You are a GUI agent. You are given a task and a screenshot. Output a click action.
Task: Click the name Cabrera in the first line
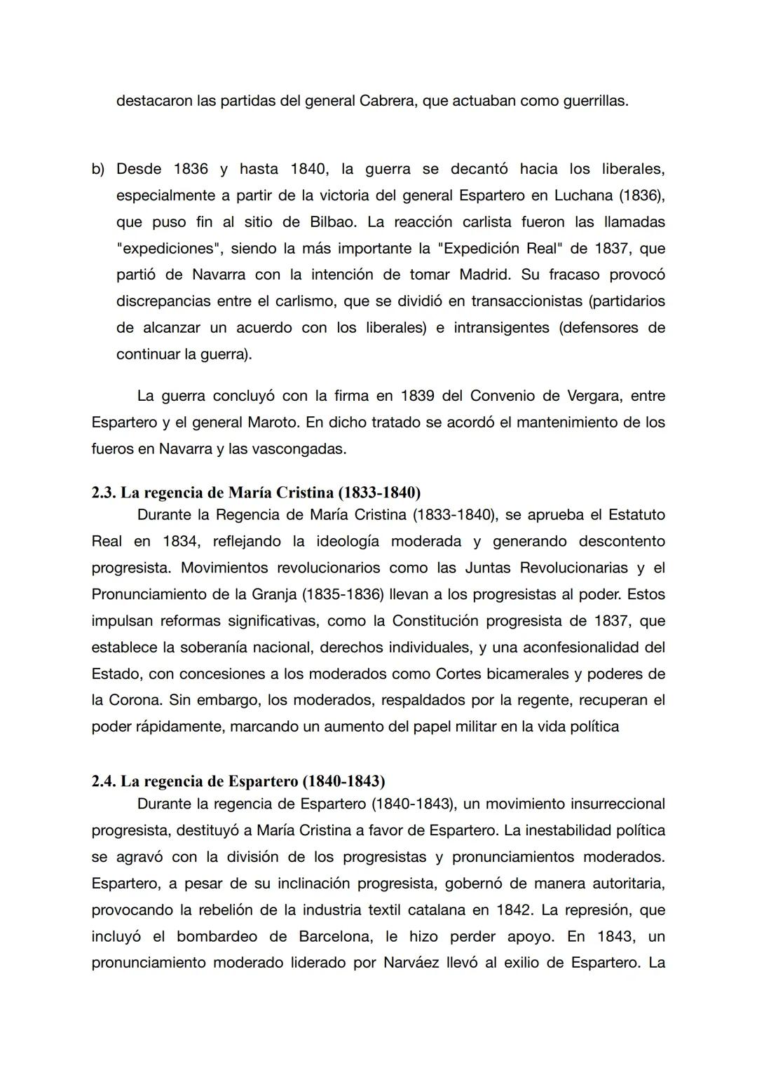(388, 101)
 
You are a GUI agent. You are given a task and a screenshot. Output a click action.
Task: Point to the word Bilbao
(333, 222)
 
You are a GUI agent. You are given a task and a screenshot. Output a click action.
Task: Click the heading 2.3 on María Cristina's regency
(256, 493)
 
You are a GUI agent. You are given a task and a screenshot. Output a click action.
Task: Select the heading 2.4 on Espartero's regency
(238, 781)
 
